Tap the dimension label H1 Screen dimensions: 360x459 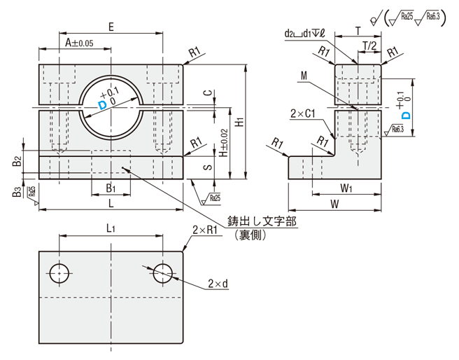click(x=239, y=121)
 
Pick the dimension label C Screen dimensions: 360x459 click(x=208, y=92)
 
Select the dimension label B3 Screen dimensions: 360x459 click(x=16, y=192)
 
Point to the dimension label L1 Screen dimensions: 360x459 click(x=111, y=228)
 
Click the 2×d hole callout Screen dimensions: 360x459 click(x=218, y=283)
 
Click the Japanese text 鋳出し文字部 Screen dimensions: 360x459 click(x=260, y=222)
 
